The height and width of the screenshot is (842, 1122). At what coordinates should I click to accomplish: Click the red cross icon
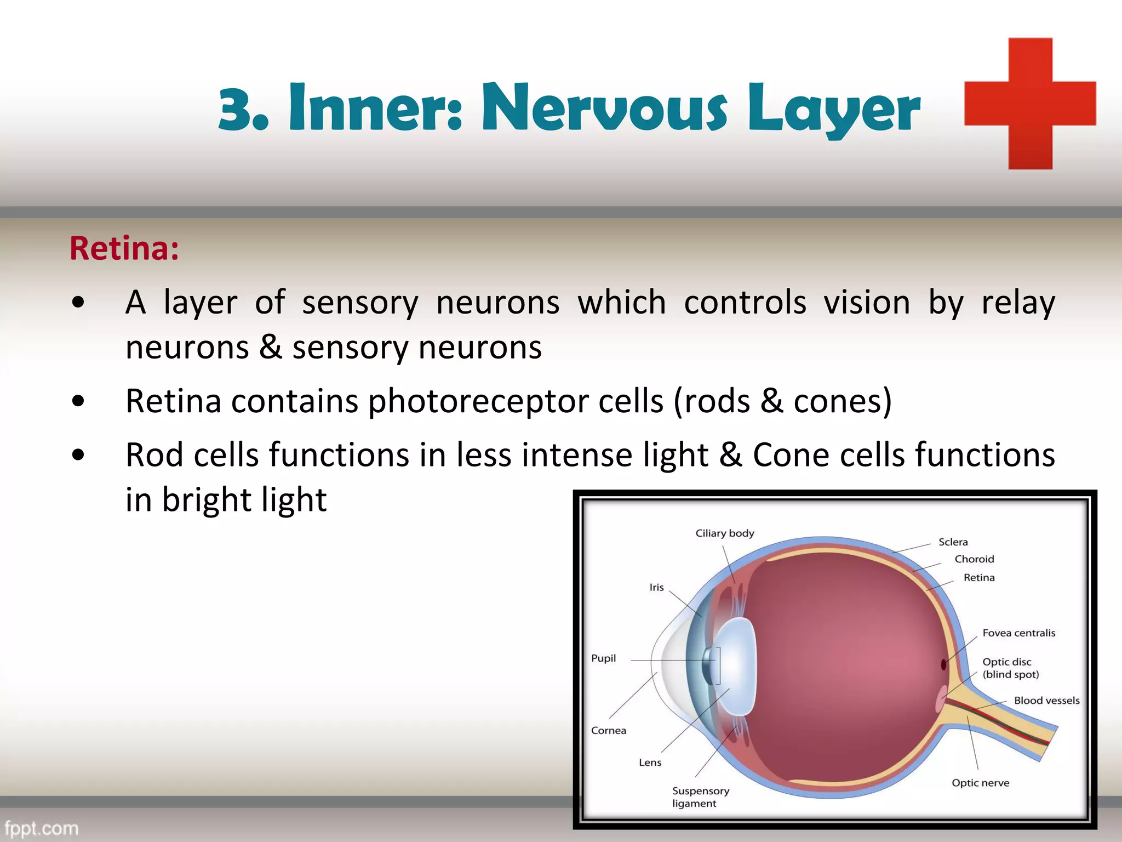pos(1030,104)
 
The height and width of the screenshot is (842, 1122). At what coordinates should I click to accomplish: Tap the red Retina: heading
pos(124,248)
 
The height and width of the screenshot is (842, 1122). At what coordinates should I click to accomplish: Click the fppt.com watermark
pos(42,828)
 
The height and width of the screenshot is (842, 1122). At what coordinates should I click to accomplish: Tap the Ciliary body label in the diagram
pos(724,533)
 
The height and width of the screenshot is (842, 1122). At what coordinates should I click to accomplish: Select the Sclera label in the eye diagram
pos(953,542)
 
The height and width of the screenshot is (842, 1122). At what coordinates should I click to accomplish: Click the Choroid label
pos(974,559)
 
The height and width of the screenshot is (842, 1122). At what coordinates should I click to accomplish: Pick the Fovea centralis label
pos(1018,633)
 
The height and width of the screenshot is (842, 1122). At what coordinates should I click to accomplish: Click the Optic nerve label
pos(980,783)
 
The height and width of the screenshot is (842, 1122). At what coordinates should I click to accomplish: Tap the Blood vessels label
pos(1046,701)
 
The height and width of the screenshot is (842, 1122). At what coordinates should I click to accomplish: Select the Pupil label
pos(603,658)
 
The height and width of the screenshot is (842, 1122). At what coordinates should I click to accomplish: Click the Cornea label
pos(608,731)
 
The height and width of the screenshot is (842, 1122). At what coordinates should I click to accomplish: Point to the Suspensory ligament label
pos(700,797)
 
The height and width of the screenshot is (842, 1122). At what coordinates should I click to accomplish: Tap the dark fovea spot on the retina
pos(943,665)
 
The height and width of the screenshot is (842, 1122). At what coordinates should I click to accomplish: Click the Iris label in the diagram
pos(656,588)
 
